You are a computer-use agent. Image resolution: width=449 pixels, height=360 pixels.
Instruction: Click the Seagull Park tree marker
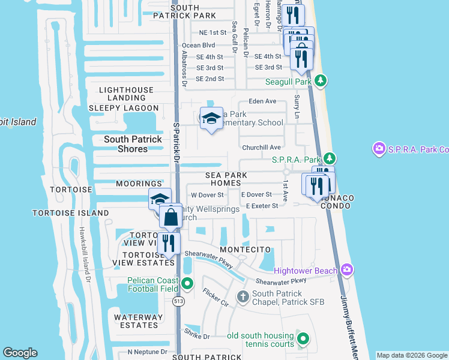(321, 81)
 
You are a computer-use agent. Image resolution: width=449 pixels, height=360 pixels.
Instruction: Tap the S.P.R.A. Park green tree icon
(329, 159)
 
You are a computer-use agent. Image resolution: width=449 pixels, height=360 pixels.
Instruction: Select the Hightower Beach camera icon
(346, 271)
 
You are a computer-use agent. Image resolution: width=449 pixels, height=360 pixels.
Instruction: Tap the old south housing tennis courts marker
(303, 340)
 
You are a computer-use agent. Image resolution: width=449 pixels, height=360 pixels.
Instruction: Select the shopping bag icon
(170, 217)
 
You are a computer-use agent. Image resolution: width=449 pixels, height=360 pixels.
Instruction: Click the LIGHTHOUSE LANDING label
(126, 94)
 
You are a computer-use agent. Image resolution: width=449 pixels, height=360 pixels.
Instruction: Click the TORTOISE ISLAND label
(71, 213)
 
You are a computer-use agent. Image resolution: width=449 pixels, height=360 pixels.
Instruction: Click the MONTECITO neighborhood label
(242, 249)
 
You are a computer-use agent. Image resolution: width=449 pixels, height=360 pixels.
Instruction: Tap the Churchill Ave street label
(261, 148)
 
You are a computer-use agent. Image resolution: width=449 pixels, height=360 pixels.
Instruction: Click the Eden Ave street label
(262, 101)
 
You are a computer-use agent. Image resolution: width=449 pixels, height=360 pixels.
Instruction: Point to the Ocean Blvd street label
(198, 45)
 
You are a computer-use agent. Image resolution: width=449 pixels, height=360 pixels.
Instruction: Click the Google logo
(20, 353)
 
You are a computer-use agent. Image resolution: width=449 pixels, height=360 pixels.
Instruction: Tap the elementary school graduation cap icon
(211, 119)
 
